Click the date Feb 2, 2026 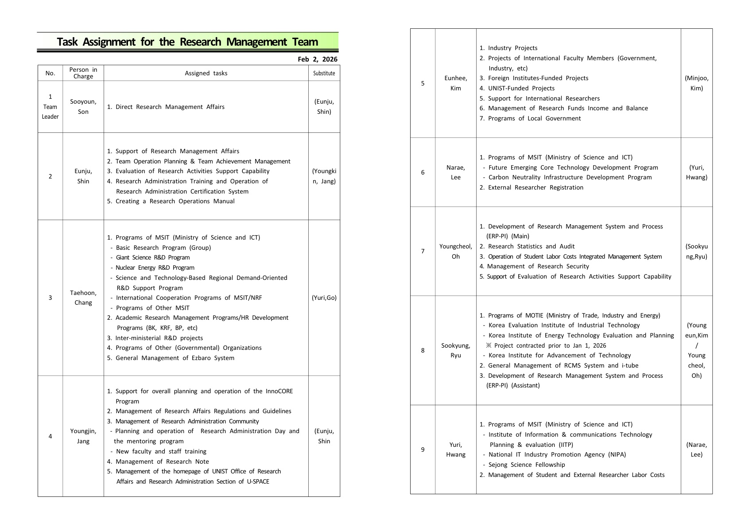click(317, 59)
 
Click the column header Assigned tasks click(206, 73)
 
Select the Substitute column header click(324, 73)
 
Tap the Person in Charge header click(83, 73)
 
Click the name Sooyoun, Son click(83, 107)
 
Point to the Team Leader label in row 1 click(50, 112)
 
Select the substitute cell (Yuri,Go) click(324, 298)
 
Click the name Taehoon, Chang click(83, 298)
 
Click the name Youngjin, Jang click(83, 436)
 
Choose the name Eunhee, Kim click(455, 83)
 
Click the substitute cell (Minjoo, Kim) click(696, 83)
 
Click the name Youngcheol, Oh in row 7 click(455, 252)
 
